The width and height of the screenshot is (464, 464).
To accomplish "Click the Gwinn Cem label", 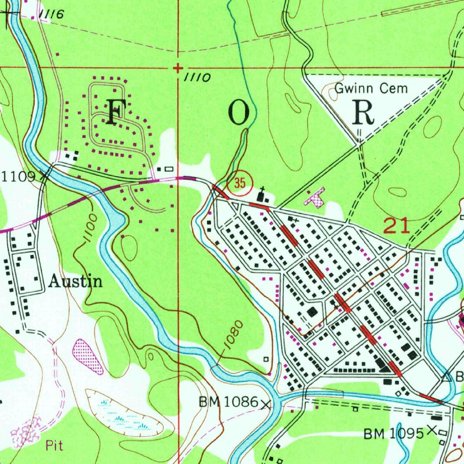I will [371, 88].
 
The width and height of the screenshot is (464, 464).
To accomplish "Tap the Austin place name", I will [75, 282].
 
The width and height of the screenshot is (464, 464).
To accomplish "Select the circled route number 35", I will [240, 184].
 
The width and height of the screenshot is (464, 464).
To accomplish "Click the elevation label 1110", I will [197, 78].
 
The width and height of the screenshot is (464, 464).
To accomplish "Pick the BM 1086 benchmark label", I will [228, 401].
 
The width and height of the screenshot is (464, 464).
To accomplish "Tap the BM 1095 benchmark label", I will [393, 434].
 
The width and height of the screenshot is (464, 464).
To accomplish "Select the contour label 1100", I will [90, 229].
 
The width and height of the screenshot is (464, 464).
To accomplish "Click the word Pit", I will [54, 446].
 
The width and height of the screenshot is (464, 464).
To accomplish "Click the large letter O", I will [239, 113].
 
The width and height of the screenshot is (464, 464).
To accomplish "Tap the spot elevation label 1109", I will [18, 177].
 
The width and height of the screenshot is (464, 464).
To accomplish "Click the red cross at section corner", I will [178, 68].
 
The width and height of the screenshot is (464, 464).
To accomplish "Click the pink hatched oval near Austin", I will [87, 356].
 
